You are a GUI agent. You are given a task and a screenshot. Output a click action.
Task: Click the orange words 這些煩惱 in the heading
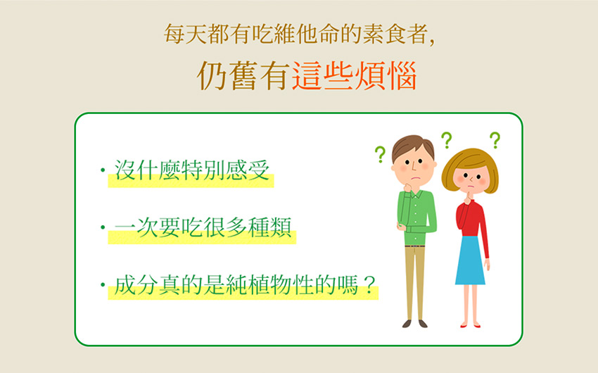355,76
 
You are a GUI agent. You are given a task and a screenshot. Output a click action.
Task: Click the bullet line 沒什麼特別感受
192,170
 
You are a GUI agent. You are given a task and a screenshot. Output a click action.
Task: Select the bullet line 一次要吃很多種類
203,227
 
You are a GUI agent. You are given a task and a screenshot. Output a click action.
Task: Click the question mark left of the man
380,154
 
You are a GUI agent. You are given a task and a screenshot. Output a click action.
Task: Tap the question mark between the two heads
447,140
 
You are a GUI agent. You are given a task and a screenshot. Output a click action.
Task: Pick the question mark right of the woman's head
495,140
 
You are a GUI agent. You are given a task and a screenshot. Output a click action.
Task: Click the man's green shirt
417,217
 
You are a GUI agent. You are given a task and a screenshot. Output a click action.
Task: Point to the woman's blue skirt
470,260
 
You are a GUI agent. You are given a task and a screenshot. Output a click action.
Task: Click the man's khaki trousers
415,283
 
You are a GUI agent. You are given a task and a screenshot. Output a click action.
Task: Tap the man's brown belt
415,246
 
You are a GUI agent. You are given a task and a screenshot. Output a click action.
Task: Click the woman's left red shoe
464,326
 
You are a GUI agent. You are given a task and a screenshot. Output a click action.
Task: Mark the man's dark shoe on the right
423,324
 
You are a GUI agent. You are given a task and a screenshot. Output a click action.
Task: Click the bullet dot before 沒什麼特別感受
103,170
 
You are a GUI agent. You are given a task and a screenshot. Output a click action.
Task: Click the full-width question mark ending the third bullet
369,284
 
